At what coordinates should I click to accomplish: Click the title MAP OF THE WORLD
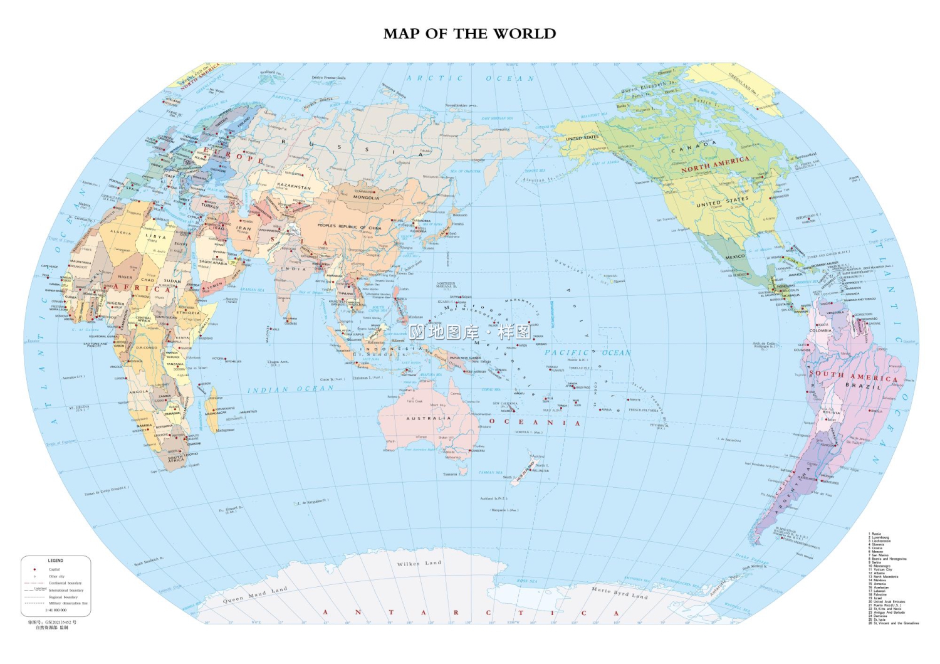pyautogui.click(x=469, y=34)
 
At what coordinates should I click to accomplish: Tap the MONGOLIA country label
pyautogui.click(x=366, y=198)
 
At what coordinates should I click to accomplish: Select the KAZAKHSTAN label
pyautogui.click(x=294, y=186)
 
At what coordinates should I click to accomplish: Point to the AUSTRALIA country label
pyautogui.click(x=429, y=418)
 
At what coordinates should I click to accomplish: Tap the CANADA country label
pyautogui.click(x=693, y=147)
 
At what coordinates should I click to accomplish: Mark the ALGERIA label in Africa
pyautogui.click(x=121, y=232)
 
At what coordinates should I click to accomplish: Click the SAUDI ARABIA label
pyautogui.click(x=214, y=262)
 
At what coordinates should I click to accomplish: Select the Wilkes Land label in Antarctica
pyautogui.click(x=419, y=564)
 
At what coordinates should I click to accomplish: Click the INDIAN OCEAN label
pyautogui.click(x=290, y=389)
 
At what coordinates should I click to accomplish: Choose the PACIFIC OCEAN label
pyautogui.click(x=587, y=353)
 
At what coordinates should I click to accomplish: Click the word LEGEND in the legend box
pyautogui.click(x=56, y=561)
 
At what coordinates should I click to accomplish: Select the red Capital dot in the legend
pyautogui.click(x=34, y=569)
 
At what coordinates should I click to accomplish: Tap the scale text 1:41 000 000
pyautogui.click(x=56, y=610)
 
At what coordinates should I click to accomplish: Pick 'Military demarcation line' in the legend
pyautogui.click(x=68, y=603)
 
